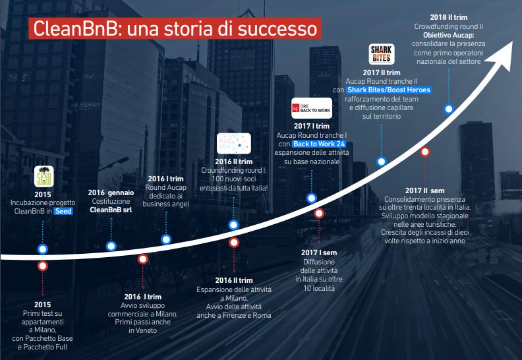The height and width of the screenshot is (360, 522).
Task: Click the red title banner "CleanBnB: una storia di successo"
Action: pos(175,28)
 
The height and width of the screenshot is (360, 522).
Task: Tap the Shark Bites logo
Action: pos(382,54)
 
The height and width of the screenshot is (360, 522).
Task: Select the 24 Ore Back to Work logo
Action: pos(312,108)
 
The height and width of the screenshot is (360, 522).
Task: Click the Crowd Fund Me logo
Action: pos(234,144)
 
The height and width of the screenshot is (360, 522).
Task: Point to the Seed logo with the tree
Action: pos(44,177)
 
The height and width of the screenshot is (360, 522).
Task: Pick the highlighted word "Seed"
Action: pos(63,211)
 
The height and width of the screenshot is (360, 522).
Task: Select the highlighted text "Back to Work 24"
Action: pos(319,144)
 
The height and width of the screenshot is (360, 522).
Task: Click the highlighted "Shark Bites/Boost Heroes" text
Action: pos(389,90)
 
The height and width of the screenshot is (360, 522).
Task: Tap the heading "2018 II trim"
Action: pos(448,17)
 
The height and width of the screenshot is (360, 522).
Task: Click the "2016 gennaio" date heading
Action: pos(111,193)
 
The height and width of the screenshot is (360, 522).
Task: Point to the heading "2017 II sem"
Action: pos(425,191)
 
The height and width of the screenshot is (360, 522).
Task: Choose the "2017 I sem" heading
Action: pos(319,253)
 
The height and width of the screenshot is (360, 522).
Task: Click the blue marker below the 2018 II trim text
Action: pos(449,109)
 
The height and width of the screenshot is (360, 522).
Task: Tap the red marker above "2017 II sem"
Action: pos(425,152)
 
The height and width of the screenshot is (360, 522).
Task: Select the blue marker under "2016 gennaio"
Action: pos(111,246)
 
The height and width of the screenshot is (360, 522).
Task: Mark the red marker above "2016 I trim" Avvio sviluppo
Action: pos(143,259)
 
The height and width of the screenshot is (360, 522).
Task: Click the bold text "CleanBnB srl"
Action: pos(111,210)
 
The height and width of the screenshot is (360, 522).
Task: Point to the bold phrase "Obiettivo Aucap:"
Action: pos(448,36)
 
